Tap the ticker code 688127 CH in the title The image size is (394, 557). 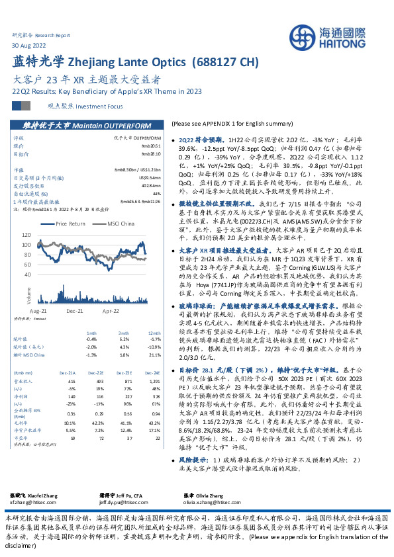(x=223, y=63)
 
